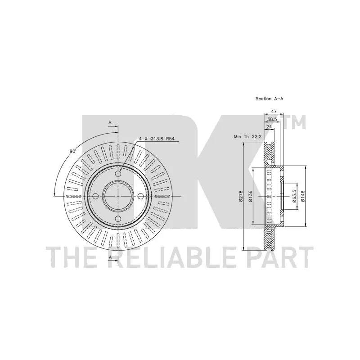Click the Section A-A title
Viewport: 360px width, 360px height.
[x=269, y=99]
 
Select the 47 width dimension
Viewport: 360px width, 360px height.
[x=274, y=111]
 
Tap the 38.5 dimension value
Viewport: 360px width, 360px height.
[x=272, y=119]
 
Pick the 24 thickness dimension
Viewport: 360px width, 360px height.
[x=269, y=127]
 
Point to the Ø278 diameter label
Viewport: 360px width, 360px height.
[x=241, y=196]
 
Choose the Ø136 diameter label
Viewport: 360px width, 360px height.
[x=250, y=196]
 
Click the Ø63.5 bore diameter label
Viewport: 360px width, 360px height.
[x=295, y=196]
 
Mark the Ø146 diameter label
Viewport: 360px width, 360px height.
[x=302, y=196]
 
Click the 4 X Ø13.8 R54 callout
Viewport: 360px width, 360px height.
[x=157, y=139]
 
